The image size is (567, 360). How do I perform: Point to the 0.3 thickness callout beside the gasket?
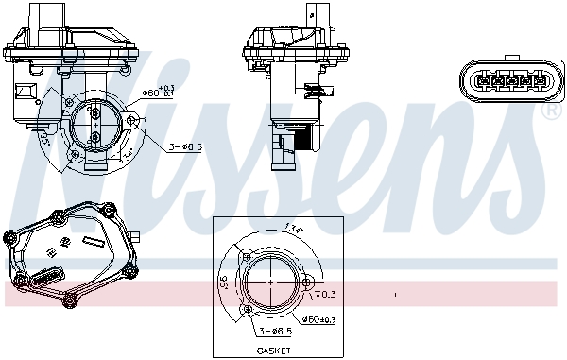tap(322, 295)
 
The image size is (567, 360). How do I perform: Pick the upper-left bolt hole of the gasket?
tap(247, 256)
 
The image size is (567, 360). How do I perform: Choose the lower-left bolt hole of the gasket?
tap(249, 309)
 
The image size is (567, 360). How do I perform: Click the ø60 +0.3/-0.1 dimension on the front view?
tap(157, 92)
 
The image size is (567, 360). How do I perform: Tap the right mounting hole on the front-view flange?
tap(131, 120)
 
